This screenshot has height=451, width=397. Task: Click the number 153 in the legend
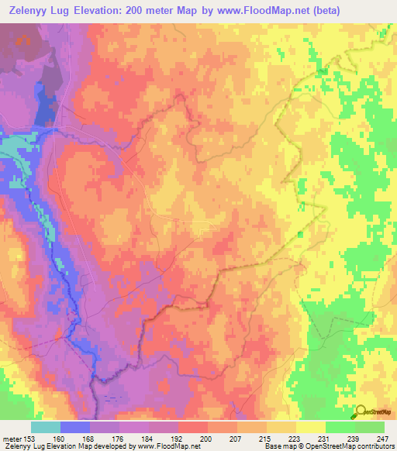[30, 438]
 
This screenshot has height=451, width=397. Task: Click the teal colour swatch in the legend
[45, 427]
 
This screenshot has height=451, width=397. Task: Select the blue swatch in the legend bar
[75, 427]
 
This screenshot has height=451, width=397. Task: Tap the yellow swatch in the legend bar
[310, 427]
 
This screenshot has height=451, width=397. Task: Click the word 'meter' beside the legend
[10, 438]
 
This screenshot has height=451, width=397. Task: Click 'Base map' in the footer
[278, 447]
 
